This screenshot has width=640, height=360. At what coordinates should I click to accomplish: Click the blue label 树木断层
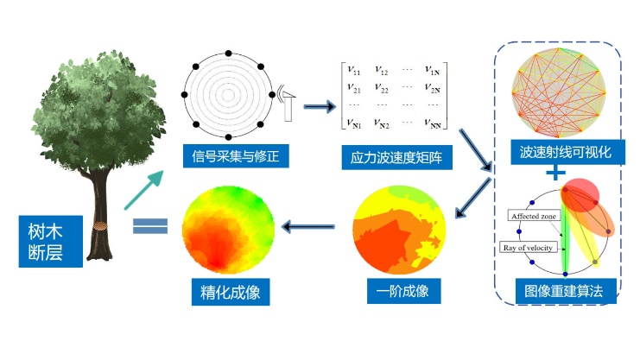point(51,242)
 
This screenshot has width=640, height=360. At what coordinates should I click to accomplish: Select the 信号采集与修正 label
point(236,156)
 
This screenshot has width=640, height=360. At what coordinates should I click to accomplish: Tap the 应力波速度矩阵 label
point(396,157)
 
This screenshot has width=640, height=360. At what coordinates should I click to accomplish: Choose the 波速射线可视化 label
point(567,152)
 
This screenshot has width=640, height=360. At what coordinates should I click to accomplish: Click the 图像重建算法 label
point(566,291)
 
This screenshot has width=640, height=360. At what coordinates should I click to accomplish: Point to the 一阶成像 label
point(403,291)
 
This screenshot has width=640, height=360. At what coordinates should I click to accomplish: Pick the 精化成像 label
point(231,292)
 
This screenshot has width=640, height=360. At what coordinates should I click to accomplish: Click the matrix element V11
point(354,70)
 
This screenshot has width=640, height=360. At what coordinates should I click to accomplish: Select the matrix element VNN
point(433,123)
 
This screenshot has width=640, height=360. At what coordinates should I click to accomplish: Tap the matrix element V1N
point(432,70)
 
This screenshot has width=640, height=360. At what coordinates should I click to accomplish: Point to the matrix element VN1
point(354,123)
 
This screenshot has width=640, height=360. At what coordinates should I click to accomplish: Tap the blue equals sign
point(150,225)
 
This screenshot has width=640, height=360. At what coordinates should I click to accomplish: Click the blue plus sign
point(555,173)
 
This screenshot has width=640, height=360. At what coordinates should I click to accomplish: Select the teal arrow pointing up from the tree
point(143,190)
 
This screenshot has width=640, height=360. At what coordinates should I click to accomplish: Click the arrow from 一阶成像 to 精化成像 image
point(308,226)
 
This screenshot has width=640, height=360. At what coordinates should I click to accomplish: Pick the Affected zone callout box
point(534,216)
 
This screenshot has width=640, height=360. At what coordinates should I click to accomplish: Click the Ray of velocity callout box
point(529,248)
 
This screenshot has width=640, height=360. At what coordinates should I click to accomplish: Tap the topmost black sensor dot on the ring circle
point(229,54)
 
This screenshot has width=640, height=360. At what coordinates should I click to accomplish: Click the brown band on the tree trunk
point(100,226)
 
